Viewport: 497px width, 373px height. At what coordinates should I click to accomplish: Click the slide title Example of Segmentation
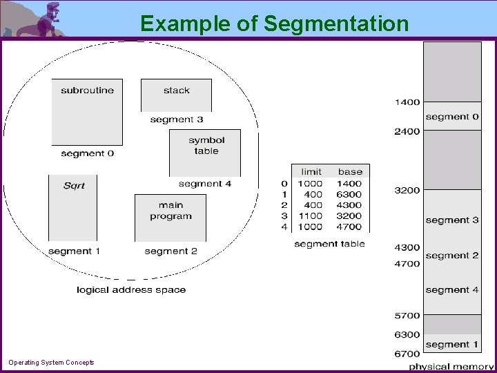pos(274,23)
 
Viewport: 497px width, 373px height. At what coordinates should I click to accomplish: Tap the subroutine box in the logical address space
pos(87,111)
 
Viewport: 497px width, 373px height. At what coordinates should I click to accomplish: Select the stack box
pos(177,95)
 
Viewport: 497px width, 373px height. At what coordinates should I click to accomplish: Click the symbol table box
pos(206,152)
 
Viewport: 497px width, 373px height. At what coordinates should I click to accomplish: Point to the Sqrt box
pos(73,207)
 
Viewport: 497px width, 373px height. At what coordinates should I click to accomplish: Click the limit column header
pos(311,171)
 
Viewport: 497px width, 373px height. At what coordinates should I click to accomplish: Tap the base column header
pos(350,171)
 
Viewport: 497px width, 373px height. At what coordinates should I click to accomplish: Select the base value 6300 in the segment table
pos(349,194)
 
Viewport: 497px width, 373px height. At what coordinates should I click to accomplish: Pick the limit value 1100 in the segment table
pos(310,216)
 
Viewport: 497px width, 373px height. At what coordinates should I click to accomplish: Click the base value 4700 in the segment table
pos(349,227)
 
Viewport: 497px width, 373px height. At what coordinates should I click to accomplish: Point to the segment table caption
pos(329,244)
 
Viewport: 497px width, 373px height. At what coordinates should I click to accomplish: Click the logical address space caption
pos(131,290)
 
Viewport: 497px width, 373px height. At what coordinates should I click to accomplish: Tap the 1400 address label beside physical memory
pos(407,102)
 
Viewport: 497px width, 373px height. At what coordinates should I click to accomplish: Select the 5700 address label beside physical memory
pos(407,316)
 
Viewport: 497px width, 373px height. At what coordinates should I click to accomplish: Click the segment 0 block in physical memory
pos(452,116)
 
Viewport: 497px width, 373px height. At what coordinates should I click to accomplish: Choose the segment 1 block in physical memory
pos(452,343)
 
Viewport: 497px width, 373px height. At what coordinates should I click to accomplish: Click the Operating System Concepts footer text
pos(51,363)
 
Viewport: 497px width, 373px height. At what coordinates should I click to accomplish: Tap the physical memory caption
pos(451,366)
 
